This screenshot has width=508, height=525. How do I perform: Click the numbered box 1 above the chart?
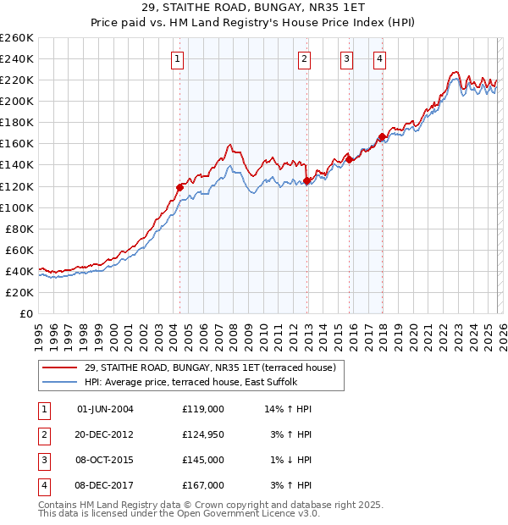(x=178, y=58)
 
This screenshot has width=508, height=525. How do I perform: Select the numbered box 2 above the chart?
(x=304, y=58)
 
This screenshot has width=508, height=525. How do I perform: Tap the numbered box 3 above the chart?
(x=347, y=58)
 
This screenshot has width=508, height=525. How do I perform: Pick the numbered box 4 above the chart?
(x=380, y=58)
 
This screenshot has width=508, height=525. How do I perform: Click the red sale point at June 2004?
(x=179, y=187)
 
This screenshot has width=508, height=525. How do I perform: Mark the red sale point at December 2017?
(x=382, y=136)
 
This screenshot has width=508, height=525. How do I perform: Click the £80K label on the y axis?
(x=19, y=229)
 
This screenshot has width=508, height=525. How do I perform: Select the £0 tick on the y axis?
(x=25, y=313)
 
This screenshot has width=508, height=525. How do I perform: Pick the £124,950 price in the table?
(x=203, y=434)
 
